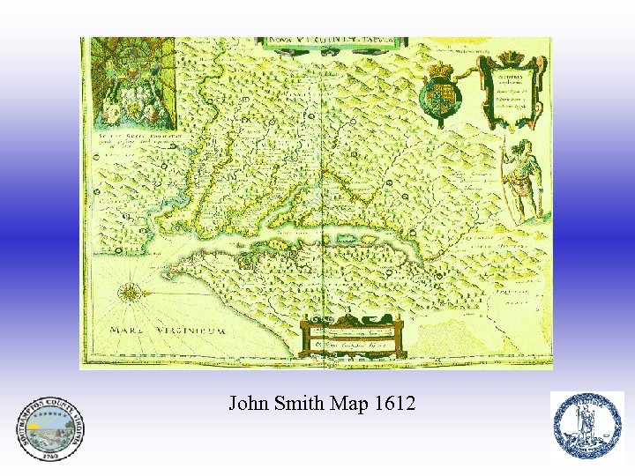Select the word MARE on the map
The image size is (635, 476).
tap(124, 331)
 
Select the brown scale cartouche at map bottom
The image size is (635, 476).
tap(352, 335)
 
